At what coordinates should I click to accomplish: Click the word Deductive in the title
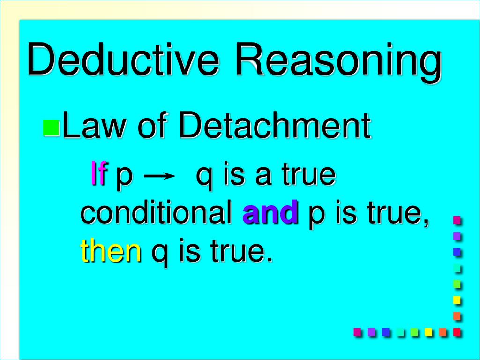124,60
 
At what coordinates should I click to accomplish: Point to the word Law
90,126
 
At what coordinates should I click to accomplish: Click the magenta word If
99,175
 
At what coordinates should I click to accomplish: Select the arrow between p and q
159,176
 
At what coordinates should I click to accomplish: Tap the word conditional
157,213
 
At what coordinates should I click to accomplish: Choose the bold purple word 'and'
270,214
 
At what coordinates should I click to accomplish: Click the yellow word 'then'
111,251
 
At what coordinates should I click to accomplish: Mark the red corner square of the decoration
457,332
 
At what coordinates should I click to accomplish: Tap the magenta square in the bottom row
358,332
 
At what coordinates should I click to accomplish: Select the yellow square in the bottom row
428,332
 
